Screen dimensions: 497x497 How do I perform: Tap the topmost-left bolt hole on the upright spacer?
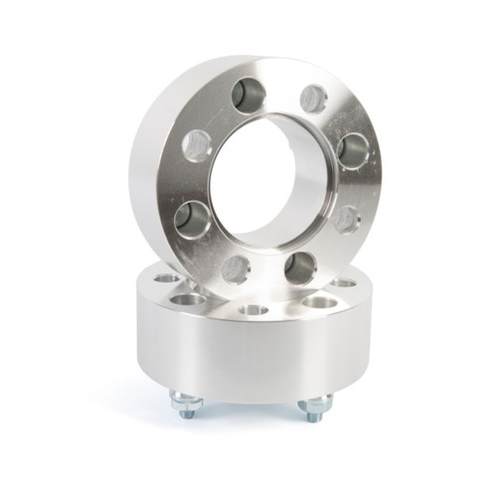[246, 95]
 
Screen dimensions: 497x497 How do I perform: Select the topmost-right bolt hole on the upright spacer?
[313, 97]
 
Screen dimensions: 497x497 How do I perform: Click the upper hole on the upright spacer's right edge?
[353, 150]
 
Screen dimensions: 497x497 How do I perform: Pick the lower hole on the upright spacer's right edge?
[347, 218]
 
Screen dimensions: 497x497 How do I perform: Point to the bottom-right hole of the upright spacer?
[299, 264]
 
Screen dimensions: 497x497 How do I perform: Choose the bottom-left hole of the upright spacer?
[236, 267]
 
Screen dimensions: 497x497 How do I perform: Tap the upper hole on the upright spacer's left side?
[197, 145]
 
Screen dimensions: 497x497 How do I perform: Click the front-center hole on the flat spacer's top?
[254, 310]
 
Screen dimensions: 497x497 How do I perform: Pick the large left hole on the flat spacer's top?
[186, 297]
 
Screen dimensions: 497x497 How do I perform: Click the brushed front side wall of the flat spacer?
[248, 358]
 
